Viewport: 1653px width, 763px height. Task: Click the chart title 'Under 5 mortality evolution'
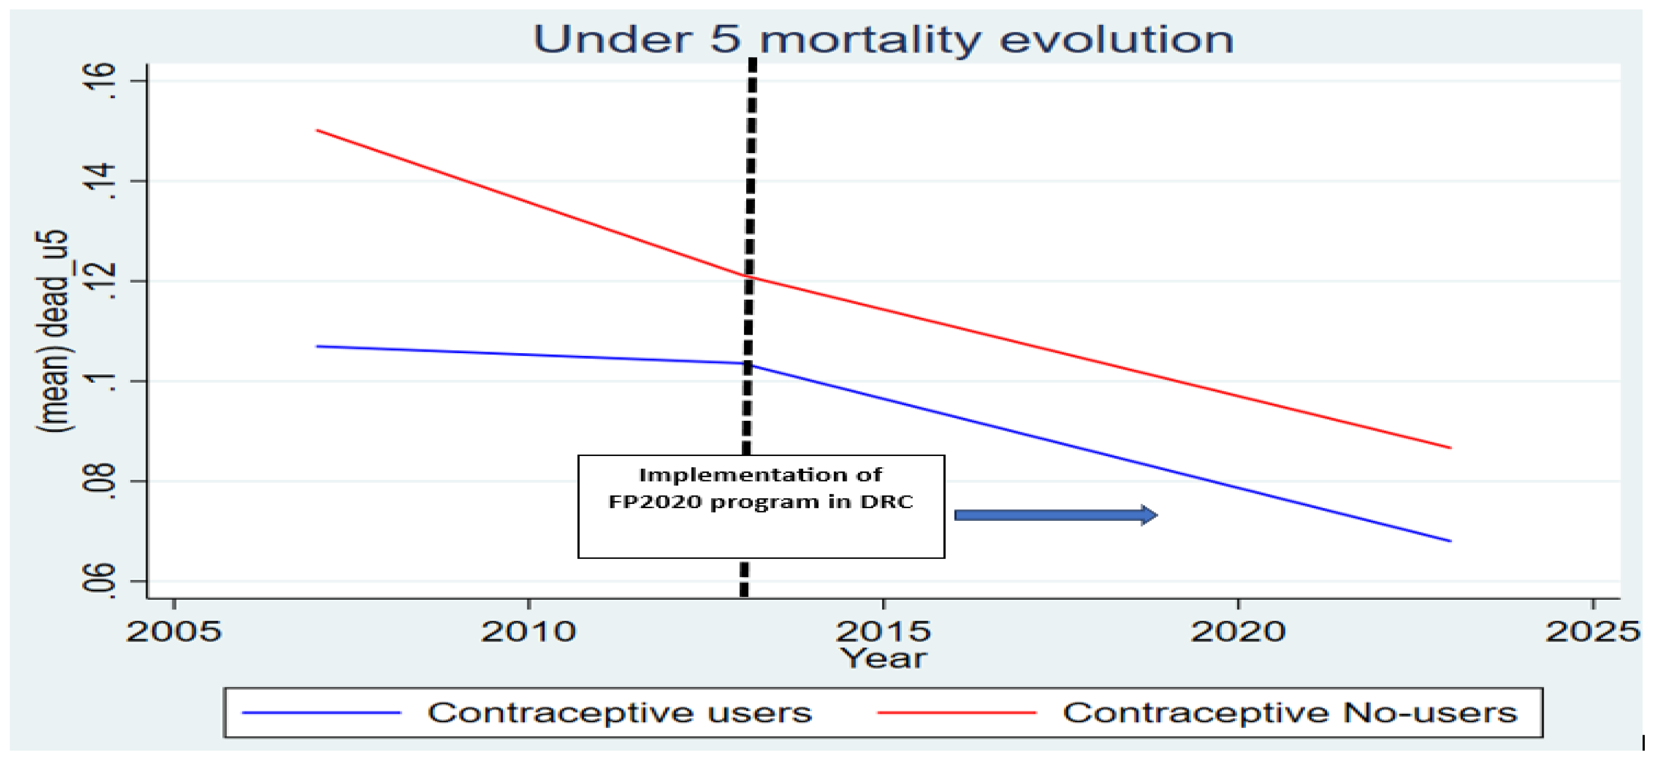coord(883,40)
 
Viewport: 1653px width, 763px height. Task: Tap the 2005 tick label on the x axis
coord(174,631)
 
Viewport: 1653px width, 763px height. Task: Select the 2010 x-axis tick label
coord(529,631)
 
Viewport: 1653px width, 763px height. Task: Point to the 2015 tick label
coord(883,631)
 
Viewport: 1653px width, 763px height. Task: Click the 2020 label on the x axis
coord(1238,631)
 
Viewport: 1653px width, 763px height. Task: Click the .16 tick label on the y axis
coord(102,81)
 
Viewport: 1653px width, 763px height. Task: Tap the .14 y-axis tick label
coord(102,181)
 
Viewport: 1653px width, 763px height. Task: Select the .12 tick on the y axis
coord(102,281)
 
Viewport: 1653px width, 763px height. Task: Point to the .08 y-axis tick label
coord(102,481)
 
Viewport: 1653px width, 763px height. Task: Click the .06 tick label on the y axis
coord(102,581)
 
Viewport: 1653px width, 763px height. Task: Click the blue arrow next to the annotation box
coord(1055,515)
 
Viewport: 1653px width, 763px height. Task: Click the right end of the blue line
coord(1450,541)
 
